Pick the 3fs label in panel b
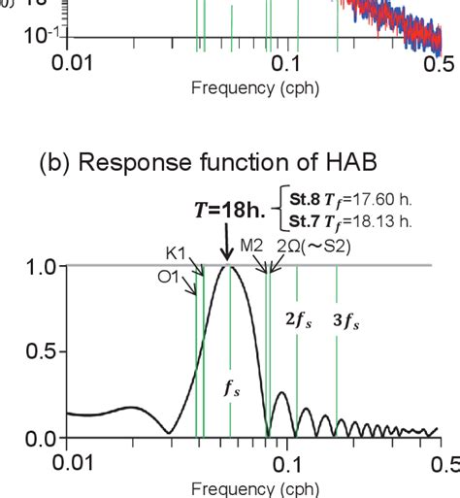(347, 318)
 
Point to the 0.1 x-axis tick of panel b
(284, 464)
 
